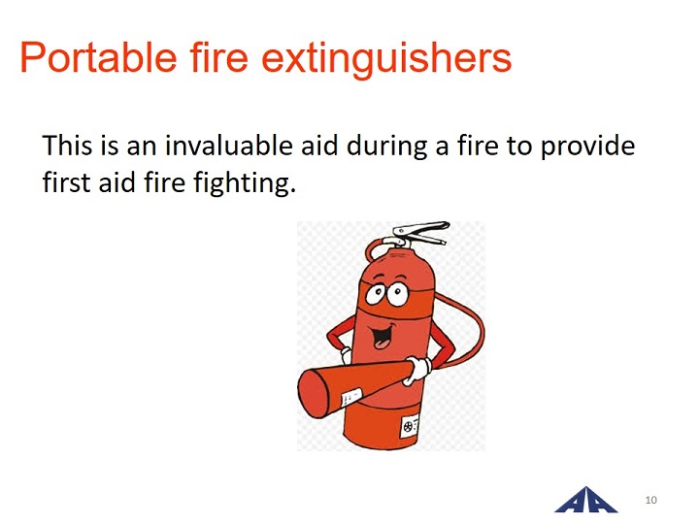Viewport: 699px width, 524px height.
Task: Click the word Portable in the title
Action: point(98,57)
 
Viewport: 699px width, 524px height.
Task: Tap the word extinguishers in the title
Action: point(386,60)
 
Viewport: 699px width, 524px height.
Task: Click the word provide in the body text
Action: point(587,147)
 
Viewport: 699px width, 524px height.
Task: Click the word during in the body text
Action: point(387,147)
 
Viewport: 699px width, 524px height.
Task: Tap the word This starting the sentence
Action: point(67,146)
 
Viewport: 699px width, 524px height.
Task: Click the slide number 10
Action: point(650,500)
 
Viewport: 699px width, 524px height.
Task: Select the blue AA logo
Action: point(585,501)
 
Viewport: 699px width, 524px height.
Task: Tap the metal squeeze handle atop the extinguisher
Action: point(420,233)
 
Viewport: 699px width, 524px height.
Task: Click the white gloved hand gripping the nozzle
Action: point(417,370)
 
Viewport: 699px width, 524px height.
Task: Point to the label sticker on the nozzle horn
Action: point(351,397)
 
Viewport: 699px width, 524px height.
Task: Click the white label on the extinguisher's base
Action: point(411,427)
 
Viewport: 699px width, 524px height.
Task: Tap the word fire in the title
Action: point(218,57)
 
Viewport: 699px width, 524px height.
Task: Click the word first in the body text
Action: point(66,182)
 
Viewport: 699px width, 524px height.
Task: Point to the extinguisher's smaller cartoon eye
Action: point(376,294)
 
